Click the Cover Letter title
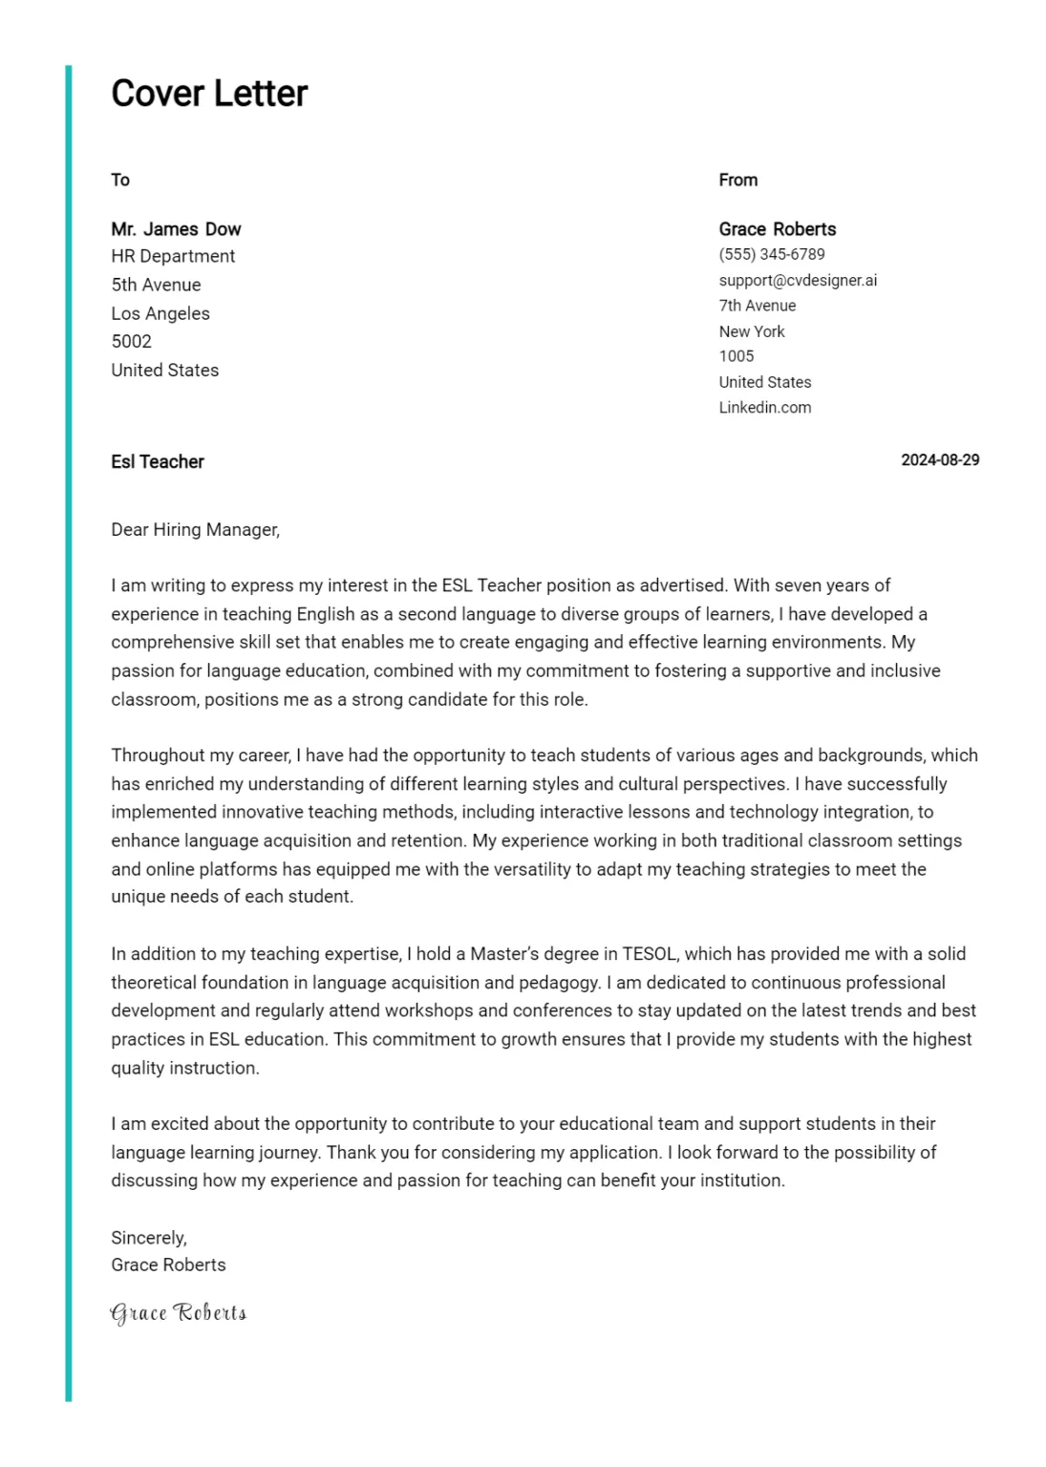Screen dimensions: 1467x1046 click(209, 94)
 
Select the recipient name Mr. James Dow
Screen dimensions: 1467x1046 click(176, 229)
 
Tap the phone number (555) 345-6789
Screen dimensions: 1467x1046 click(772, 254)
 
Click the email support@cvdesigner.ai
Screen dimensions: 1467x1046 click(798, 280)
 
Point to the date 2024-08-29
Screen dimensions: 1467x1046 click(940, 460)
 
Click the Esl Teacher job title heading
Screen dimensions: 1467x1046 click(158, 462)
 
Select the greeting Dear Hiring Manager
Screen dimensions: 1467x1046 click(195, 529)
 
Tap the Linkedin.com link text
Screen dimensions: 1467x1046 click(765, 407)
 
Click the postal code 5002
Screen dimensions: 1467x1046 click(131, 341)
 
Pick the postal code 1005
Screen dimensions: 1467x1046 click(736, 356)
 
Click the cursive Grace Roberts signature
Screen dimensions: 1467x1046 click(179, 1313)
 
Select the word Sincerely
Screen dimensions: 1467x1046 click(148, 1238)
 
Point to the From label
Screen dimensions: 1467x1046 click(738, 180)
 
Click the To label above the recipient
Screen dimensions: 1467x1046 click(120, 180)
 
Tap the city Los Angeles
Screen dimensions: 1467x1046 click(160, 313)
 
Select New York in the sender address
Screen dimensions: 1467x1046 click(752, 331)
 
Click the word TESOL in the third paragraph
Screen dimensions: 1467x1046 click(650, 954)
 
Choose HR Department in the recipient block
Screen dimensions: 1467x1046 click(173, 256)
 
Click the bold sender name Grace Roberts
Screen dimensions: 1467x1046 click(778, 229)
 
